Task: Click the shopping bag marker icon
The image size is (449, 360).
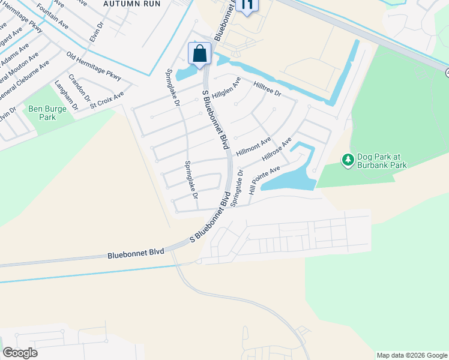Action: tap(199, 53)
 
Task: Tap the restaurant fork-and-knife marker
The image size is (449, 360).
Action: tap(247, 5)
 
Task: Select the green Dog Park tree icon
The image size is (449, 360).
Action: tap(348, 160)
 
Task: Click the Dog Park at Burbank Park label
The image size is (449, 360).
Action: tap(382, 161)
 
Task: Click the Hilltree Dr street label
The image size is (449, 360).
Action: tap(267, 89)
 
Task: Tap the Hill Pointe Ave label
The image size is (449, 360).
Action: tap(264, 179)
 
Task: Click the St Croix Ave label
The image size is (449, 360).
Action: tap(107, 100)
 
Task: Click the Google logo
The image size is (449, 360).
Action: tap(20, 353)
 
